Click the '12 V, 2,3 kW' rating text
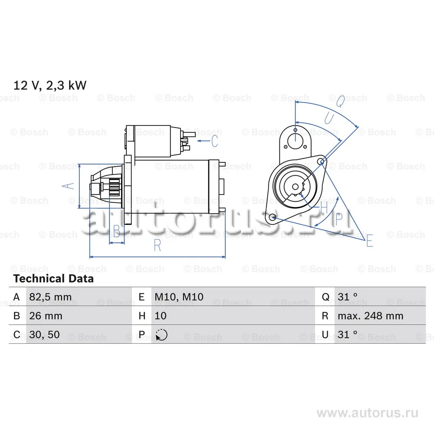(x=50, y=85)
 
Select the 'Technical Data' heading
(x=53, y=279)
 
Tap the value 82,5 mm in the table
(x=50, y=297)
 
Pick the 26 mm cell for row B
(x=46, y=316)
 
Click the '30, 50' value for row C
(x=44, y=335)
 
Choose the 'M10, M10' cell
(x=179, y=297)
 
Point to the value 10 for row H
(x=161, y=316)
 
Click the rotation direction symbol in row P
(x=161, y=335)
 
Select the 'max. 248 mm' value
(x=370, y=316)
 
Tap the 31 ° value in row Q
(x=347, y=297)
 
